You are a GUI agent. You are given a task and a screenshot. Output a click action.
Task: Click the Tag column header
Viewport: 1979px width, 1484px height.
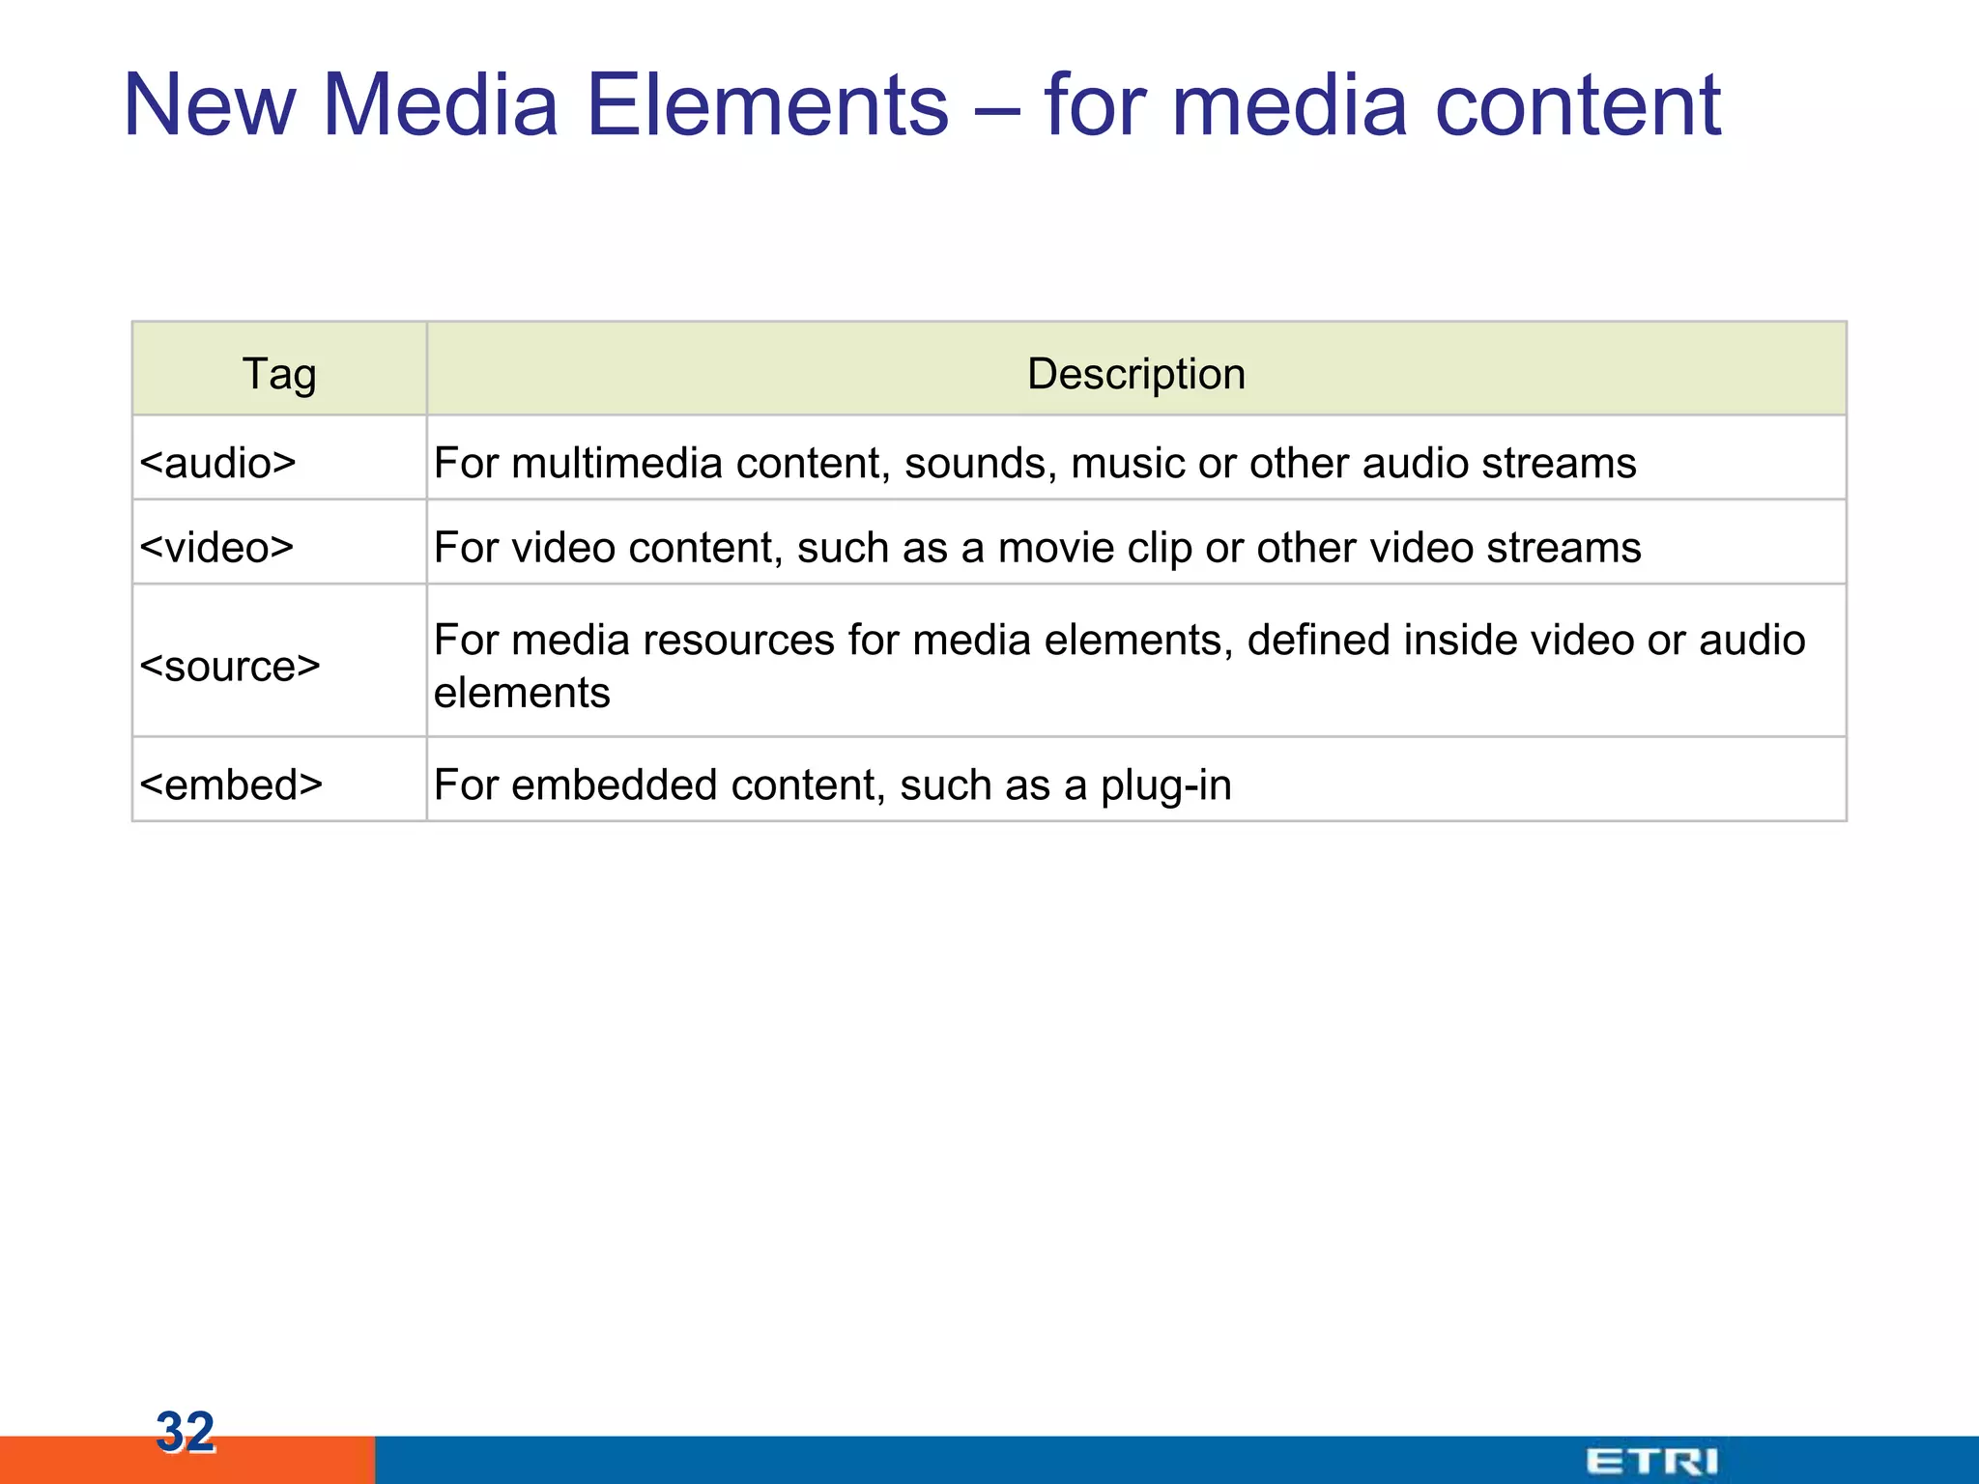pos(279,374)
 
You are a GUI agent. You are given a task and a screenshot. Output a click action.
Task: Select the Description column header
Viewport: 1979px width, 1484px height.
pos(1135,374)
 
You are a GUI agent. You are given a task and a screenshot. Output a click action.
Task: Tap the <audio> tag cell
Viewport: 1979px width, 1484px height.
pos(217,463)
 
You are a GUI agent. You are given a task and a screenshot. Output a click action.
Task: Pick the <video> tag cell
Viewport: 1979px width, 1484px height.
pos(216,548)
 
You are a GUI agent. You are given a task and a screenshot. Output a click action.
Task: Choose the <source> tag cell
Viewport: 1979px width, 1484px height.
pos(230,666)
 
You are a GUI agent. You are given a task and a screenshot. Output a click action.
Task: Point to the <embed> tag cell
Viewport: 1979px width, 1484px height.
pos(231,785)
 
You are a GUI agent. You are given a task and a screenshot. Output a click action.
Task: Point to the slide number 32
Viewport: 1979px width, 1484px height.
pos(186,1431)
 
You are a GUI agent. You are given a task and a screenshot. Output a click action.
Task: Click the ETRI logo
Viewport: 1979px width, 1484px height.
pos(1651,1461)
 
